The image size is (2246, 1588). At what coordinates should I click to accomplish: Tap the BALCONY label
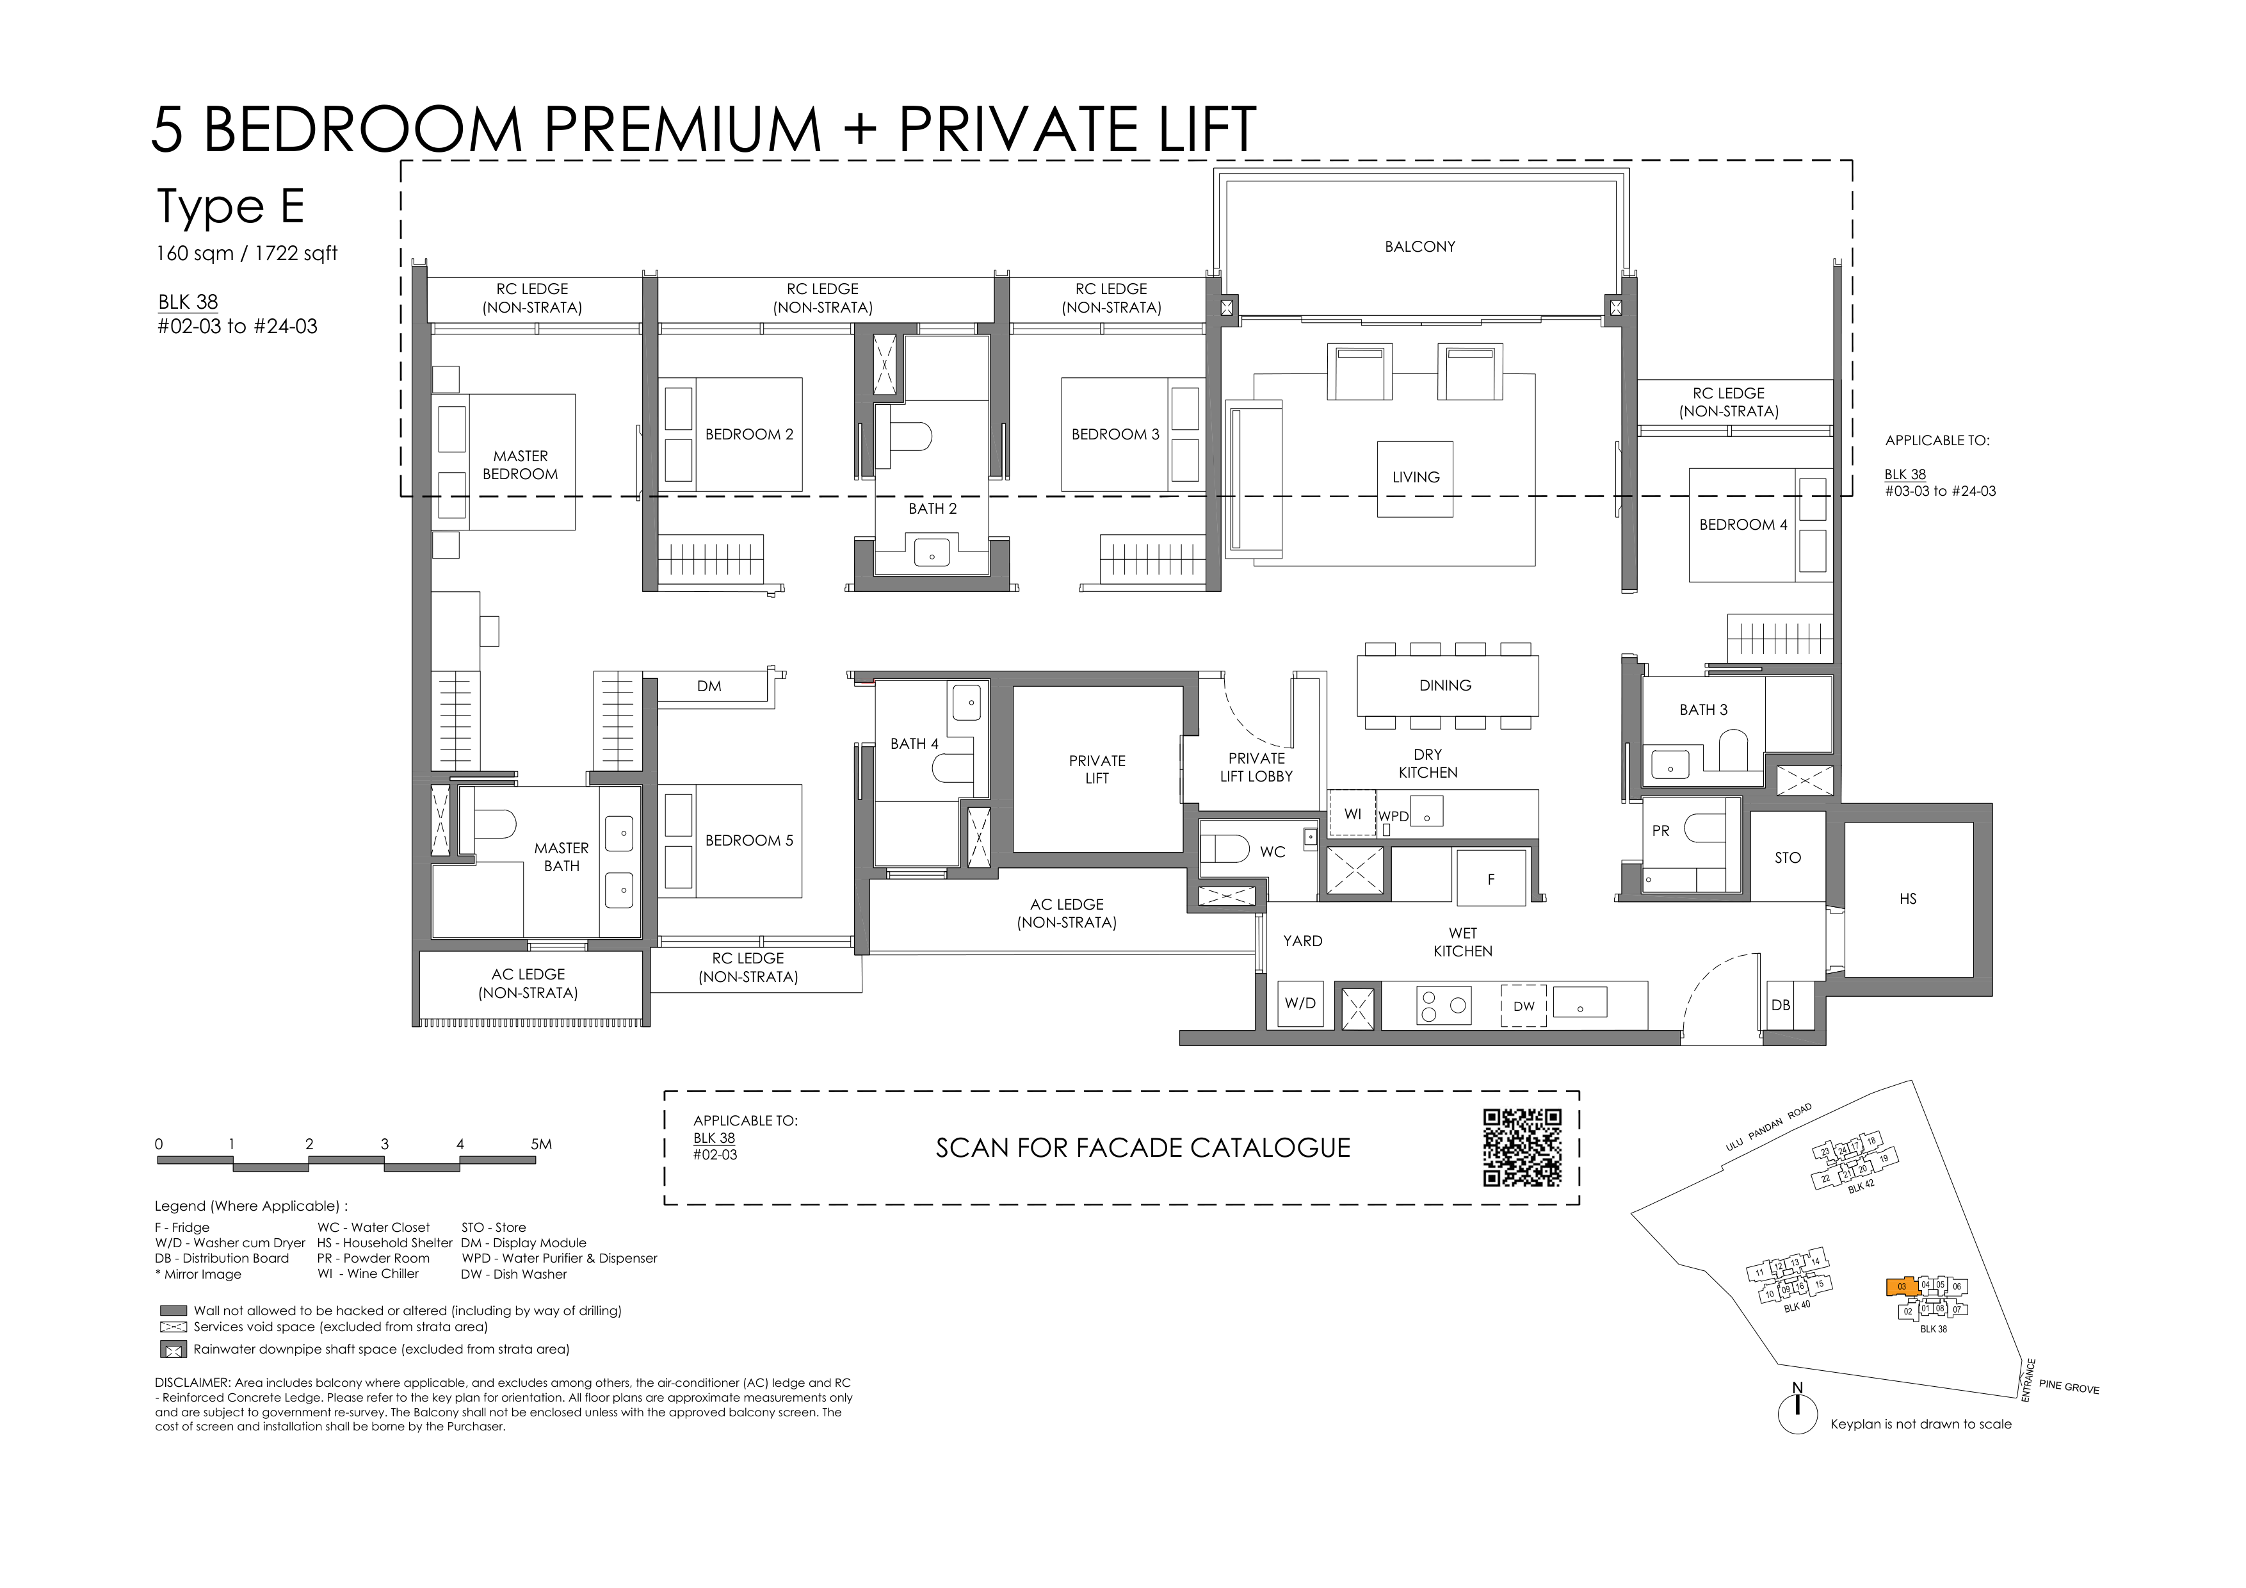tap(1419, 247)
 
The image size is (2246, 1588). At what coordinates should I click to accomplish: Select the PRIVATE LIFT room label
tap(1097, 769)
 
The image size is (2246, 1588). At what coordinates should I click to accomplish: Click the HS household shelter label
tap(1907, 898)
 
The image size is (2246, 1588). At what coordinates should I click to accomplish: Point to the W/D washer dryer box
tap(1300, 1004)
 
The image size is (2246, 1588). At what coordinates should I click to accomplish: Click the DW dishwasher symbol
tap(1524, 1005)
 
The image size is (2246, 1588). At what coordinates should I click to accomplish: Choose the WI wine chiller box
tap(1352, 813)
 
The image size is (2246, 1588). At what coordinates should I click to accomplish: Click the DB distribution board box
tap(1781, 1005)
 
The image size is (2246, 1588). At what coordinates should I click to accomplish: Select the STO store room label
tap(1787, 857)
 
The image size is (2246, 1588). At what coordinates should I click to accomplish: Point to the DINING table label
tap(1445, 685)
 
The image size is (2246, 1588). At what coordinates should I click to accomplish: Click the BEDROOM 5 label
tap(749, 840)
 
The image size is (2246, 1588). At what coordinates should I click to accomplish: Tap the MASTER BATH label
tap(561, 857)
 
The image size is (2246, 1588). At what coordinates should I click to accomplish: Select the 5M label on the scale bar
tap(541, 1144)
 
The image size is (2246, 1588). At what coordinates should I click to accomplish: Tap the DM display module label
tap(709, 687)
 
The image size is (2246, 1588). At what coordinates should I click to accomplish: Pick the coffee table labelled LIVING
tap(1416, 479)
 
